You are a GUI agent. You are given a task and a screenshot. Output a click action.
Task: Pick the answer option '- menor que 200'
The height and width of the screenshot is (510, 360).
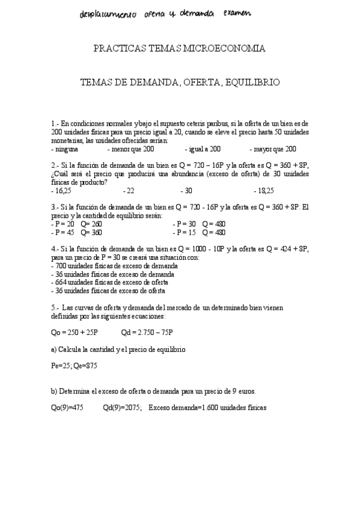click(x=130, y=149)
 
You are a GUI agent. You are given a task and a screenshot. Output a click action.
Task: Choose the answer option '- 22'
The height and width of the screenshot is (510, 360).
click(x=128, y=191)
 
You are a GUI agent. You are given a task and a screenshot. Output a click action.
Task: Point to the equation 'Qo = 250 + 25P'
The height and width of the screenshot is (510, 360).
click(x=75, y=332)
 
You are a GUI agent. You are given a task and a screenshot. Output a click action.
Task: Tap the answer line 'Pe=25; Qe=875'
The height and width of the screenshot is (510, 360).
click(x=75, y=365)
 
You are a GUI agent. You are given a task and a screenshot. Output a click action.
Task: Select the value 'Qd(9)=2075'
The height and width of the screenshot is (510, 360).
click(x=122, y=407)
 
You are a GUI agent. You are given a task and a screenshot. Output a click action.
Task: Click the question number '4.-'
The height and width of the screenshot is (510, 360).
click(x=55, y=248)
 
